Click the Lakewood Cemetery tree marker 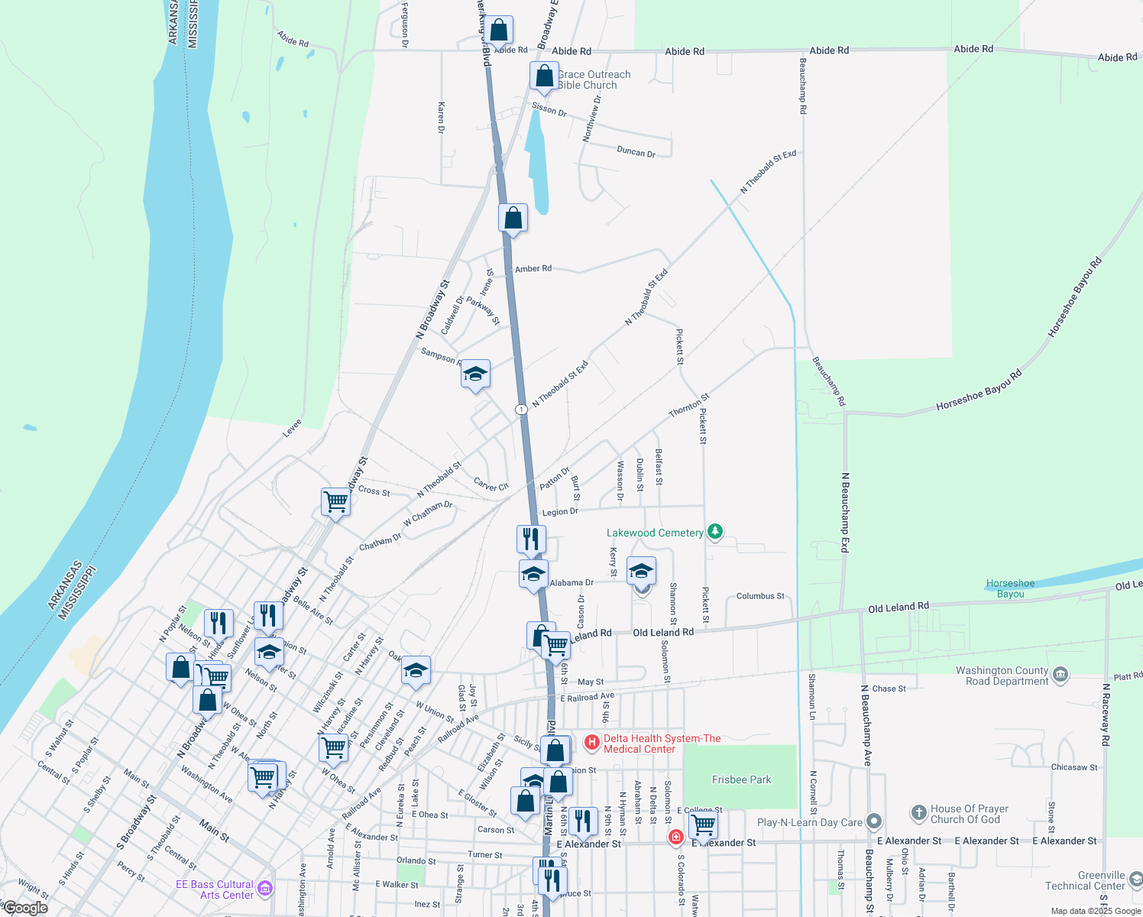(x=714, y=531)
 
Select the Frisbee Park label (x=741, y=779)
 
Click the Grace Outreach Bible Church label (x=594, y=79)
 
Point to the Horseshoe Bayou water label (x=1010, y=588)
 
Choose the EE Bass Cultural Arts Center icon (x=265, y=888)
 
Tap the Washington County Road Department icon (x=1060, y=674)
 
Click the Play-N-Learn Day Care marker (x=874, y=822)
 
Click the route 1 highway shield (x=521, y=410)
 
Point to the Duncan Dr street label (x=636, y=152)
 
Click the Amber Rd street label (x=533, y=269)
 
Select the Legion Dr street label (x=560, y=512)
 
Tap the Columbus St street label (x=760, y=596)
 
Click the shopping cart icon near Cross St (x=335, y=502)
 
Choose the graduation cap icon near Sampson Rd (x=475, y=374)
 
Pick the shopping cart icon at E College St (x=702, y=825)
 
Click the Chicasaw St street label (x=1074, y=767)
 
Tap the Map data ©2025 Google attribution (x=1096, y=911)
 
